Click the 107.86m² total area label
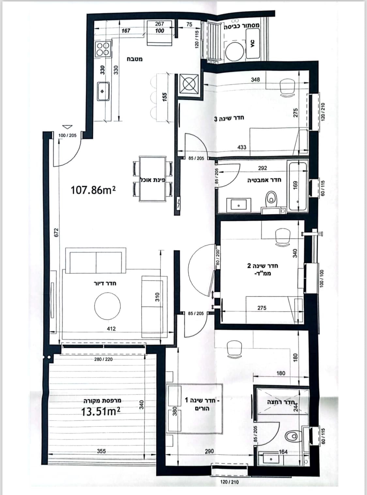click(x=93, y=190)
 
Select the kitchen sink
click(x=103, y=91)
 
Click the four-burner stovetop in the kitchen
click(x=103, y=49)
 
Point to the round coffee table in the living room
click(x=107, y=306)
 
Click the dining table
click(x=153, y=178)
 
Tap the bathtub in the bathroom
click(x=298, y=186)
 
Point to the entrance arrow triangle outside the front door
click(x=67, y=127)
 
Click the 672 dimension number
click(x=56, y=232)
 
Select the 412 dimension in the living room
click(x=111, y=329)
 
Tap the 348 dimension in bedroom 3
click(x=255, y=79)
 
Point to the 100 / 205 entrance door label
click(x=68, y=135)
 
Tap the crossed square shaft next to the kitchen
click(x=189, y=84)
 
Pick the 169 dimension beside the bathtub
click(x=295, y=185)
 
